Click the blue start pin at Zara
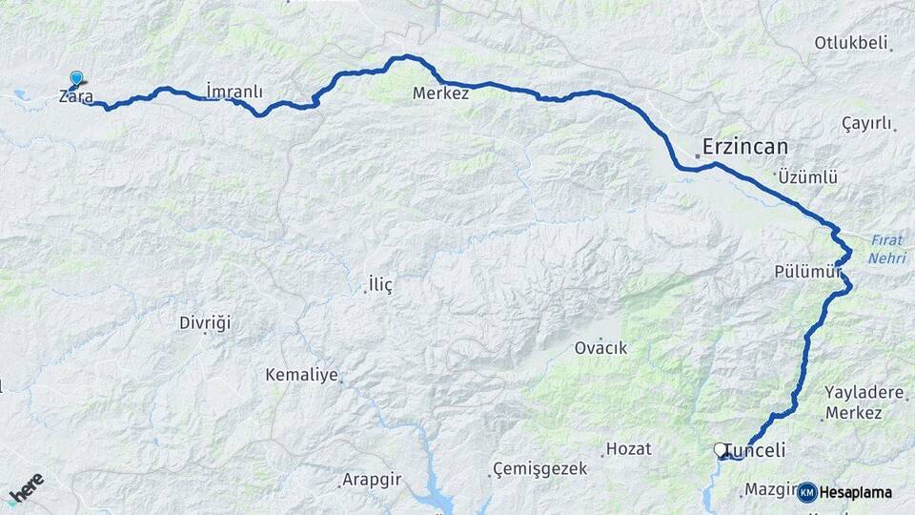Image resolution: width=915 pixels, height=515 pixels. pos(76,79)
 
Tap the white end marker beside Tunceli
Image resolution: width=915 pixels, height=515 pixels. pos(721,448)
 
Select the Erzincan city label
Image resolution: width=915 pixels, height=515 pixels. pos(746,147)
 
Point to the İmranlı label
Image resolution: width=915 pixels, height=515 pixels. pos(234,93)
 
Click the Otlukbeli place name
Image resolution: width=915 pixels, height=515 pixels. pos(851,43)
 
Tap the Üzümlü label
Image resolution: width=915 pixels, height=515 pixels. pos(806,177)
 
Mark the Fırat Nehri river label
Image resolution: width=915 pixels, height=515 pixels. pos(887,248)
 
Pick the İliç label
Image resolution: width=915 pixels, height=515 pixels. pos(379,284)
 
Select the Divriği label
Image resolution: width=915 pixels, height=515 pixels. pos(205,322)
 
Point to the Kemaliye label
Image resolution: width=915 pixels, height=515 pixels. pos(302,375)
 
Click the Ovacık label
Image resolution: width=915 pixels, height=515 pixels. pos(600,348)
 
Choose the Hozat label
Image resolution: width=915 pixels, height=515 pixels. pos(628,448)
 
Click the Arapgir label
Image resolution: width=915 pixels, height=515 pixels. pos(370,480)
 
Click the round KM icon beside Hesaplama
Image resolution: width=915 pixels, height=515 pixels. pos(806,492)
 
